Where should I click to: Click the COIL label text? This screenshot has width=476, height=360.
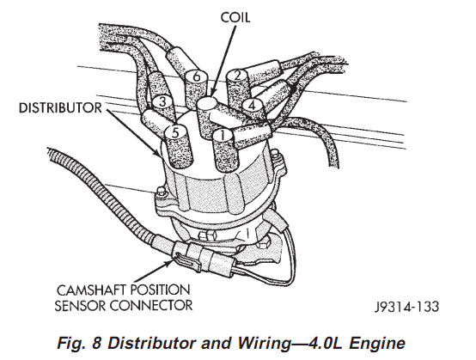point(235,17)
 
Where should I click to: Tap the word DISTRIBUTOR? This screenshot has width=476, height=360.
point(60,108)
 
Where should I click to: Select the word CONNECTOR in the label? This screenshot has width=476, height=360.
point(151,305)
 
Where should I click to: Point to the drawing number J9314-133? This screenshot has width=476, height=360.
point(406,307)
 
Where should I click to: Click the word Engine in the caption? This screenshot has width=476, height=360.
point(377,344)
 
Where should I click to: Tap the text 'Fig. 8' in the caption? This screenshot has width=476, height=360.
point(79,344)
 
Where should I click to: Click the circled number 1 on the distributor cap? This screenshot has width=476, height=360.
point(223,135)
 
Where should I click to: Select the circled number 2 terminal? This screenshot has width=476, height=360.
point(238,76)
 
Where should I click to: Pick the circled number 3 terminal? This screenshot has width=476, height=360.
point(162,102)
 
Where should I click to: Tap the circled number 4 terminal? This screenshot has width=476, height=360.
point(252,106)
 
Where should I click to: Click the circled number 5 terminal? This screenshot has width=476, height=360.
point(175,132)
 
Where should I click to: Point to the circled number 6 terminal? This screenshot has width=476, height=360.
point(197,76)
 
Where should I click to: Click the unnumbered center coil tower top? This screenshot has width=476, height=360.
point(207,103)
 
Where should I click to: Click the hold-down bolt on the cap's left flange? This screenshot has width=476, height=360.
point(160,192)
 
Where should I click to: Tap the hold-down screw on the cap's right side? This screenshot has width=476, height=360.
point(276,155)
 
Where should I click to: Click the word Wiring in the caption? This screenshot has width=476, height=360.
point(264,344)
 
